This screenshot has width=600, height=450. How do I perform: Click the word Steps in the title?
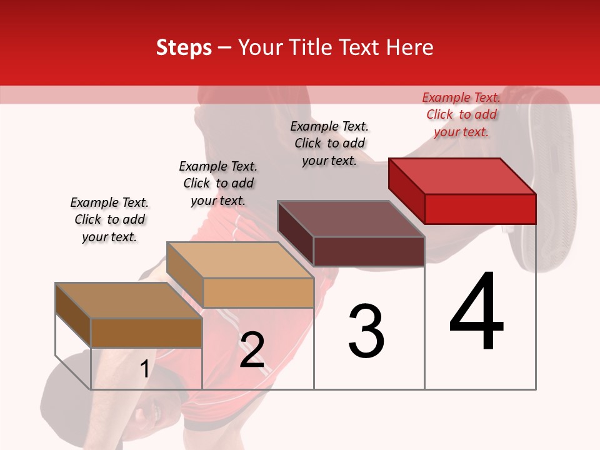click(184, 47)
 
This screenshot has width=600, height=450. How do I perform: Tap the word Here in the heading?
click(410, 47)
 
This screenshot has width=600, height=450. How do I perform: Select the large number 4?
click(476, 312)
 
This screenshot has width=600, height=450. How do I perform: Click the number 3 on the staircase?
click(366, 331)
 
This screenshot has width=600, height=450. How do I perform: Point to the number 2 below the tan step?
click(252, 350)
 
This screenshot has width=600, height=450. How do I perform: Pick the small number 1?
click(144, 369)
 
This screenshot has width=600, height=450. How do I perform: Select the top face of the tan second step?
click(240, 260)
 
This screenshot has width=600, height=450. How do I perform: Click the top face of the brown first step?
click(129, 301)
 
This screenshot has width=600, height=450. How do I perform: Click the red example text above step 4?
click(461, 114)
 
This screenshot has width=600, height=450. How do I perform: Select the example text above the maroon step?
click(329, 143)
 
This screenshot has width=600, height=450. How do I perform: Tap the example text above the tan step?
click(218, 183)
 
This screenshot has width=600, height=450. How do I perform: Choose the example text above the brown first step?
click(109, 219)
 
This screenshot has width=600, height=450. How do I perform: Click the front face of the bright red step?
click(480, 209)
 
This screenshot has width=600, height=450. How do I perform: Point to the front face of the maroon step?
click(369, 252)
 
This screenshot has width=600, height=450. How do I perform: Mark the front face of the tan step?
click(258, 292)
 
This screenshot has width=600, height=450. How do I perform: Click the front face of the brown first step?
click(146, 333)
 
